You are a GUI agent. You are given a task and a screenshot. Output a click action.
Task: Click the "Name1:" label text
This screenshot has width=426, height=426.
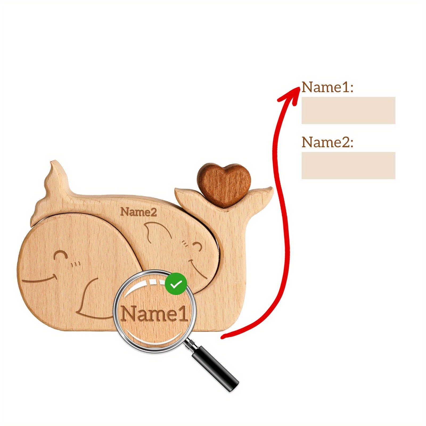point(327,87)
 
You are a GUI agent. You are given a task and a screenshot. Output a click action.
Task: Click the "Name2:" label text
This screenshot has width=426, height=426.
point(327,142)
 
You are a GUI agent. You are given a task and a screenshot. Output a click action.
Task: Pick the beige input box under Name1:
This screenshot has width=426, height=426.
point(348,110)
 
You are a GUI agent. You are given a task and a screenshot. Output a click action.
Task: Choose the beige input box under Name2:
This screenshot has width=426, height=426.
point(348,165)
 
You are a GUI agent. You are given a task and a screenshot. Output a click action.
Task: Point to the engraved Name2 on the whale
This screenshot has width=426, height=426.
point(138,212)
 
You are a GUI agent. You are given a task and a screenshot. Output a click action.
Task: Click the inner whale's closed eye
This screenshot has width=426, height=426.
point(197,246)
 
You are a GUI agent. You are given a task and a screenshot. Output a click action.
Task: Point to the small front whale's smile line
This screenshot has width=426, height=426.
point(40,280)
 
